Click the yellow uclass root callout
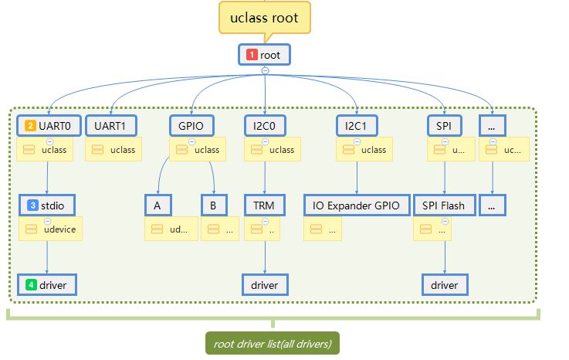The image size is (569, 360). (x=265, y=16)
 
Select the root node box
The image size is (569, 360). (x=264, y=55)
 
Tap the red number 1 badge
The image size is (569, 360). (x=252, y=55)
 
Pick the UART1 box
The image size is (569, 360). (x=110, y=124)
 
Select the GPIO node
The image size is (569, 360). (x=191, y=124)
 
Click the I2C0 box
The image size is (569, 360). (x=264, y=124)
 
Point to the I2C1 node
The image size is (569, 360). (x=356, y=124)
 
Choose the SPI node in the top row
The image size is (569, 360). (x=444, y=124)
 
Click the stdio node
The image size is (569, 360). (x=47, y=205)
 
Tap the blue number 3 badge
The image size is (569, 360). (x=32, y=205)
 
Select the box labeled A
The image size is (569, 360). (x=157, y=205)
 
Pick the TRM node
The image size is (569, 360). (x=264, y=205)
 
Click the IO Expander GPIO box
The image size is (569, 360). (x=356, y=205)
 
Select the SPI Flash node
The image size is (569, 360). (x=444, y=205)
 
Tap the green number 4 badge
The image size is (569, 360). (x=31, y=285)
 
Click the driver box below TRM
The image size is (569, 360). (x=264, y=285)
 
